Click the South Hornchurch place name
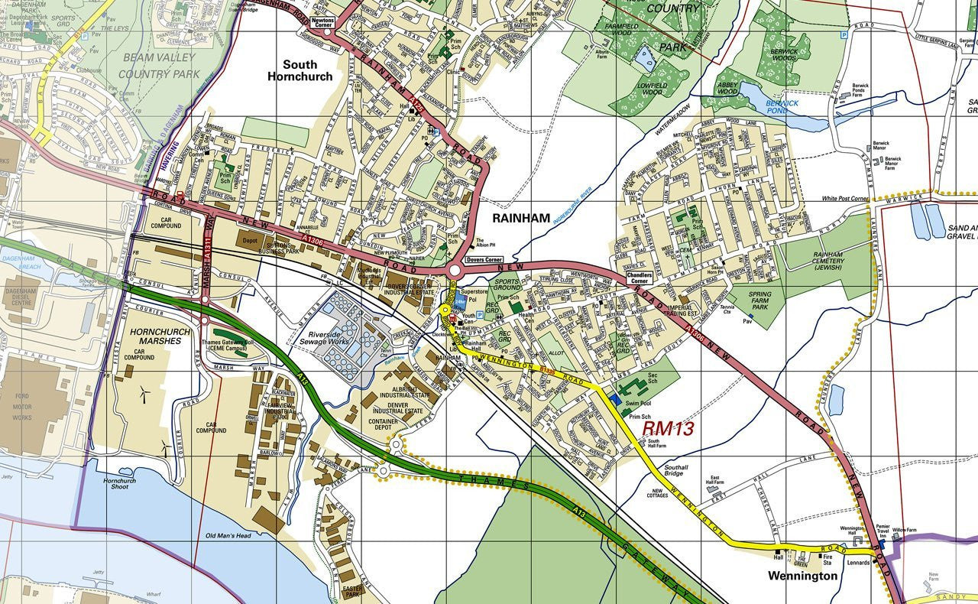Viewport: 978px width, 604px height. pos(300,70)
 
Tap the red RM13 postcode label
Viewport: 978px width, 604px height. pos(668,428)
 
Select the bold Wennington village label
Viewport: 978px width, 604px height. pos(802,576)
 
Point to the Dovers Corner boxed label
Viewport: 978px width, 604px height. pos(484,260)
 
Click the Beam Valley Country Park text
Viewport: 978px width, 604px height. pos(159,66)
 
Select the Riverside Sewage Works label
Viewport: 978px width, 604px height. pos(329,339)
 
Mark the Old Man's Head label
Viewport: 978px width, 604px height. pos(228,535)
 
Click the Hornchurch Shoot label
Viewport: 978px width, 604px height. pos(120,482)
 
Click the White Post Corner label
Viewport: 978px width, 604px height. pos(844,199)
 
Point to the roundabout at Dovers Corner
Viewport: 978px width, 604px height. pos(455,270)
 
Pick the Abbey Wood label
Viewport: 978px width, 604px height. pos(727,87)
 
